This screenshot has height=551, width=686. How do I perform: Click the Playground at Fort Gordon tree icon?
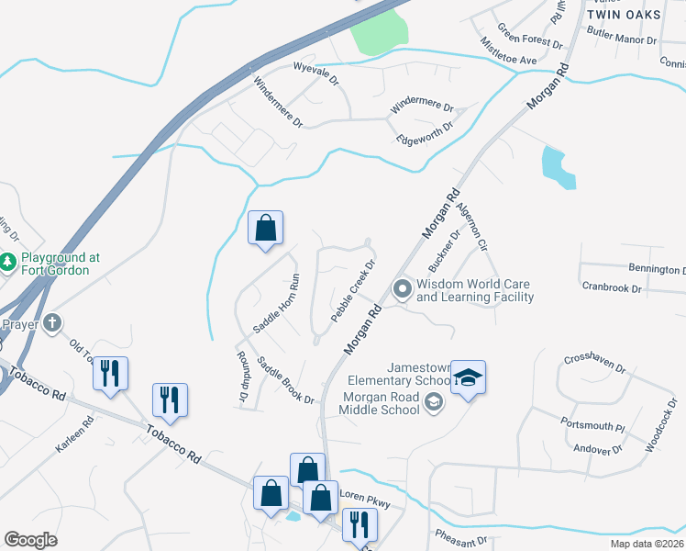click(x=8, y=264)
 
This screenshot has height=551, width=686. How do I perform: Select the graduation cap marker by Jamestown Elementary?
click(x=468, y=377)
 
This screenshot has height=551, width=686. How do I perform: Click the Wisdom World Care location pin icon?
click(x=402, y=290)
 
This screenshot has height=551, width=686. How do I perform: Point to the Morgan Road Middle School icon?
click(x=434, y=402)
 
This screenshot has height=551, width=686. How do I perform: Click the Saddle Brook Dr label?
click(x=286, y=380)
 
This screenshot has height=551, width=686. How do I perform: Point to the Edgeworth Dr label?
click(x=425, y=134)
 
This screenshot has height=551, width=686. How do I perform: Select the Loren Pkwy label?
click(x=365, y=499)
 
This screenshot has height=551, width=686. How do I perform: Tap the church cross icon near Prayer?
click(x=53, y=323)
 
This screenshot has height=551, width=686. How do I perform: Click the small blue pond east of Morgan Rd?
click(x=557, y=167)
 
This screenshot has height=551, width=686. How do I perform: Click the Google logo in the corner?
click(x=30, y=540)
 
